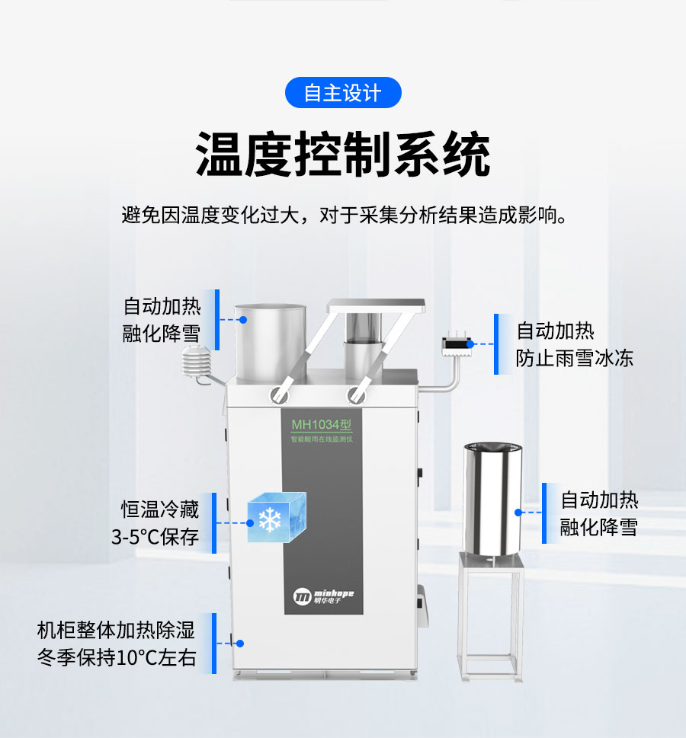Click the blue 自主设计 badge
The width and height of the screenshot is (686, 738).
[x=343, y=93]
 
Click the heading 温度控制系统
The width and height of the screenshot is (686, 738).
[x=343, y=154]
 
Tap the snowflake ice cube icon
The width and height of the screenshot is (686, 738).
[x=277, y=517]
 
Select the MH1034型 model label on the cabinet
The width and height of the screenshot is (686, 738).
[x=322, y=425]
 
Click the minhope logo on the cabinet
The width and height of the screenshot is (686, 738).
[x=323, y=596]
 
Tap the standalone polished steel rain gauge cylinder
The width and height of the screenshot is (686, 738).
[x=492, y=498]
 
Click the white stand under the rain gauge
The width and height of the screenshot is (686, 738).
[x=491, y=617]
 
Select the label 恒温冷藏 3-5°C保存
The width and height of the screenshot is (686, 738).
[x=155, y=523]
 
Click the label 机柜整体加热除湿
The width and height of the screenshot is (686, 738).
[x=116, y=630]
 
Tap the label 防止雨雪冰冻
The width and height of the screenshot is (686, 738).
[x=575, y=358]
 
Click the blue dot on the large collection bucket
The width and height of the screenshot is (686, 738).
[x=243, y=320]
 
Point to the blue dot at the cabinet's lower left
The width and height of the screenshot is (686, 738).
[x=240, y=644]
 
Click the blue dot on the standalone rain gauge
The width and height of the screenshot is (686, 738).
[x=518, y=513]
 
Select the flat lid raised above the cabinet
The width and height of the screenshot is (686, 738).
[x=377, y=305]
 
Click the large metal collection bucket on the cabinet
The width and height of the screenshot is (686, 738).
[x=271, y=343]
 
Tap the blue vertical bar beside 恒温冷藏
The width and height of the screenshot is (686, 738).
[x=214, y=523]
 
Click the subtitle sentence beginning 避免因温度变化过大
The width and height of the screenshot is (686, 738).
[x=345, y=215]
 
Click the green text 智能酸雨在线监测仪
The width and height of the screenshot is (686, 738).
[x=322, y=439]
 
